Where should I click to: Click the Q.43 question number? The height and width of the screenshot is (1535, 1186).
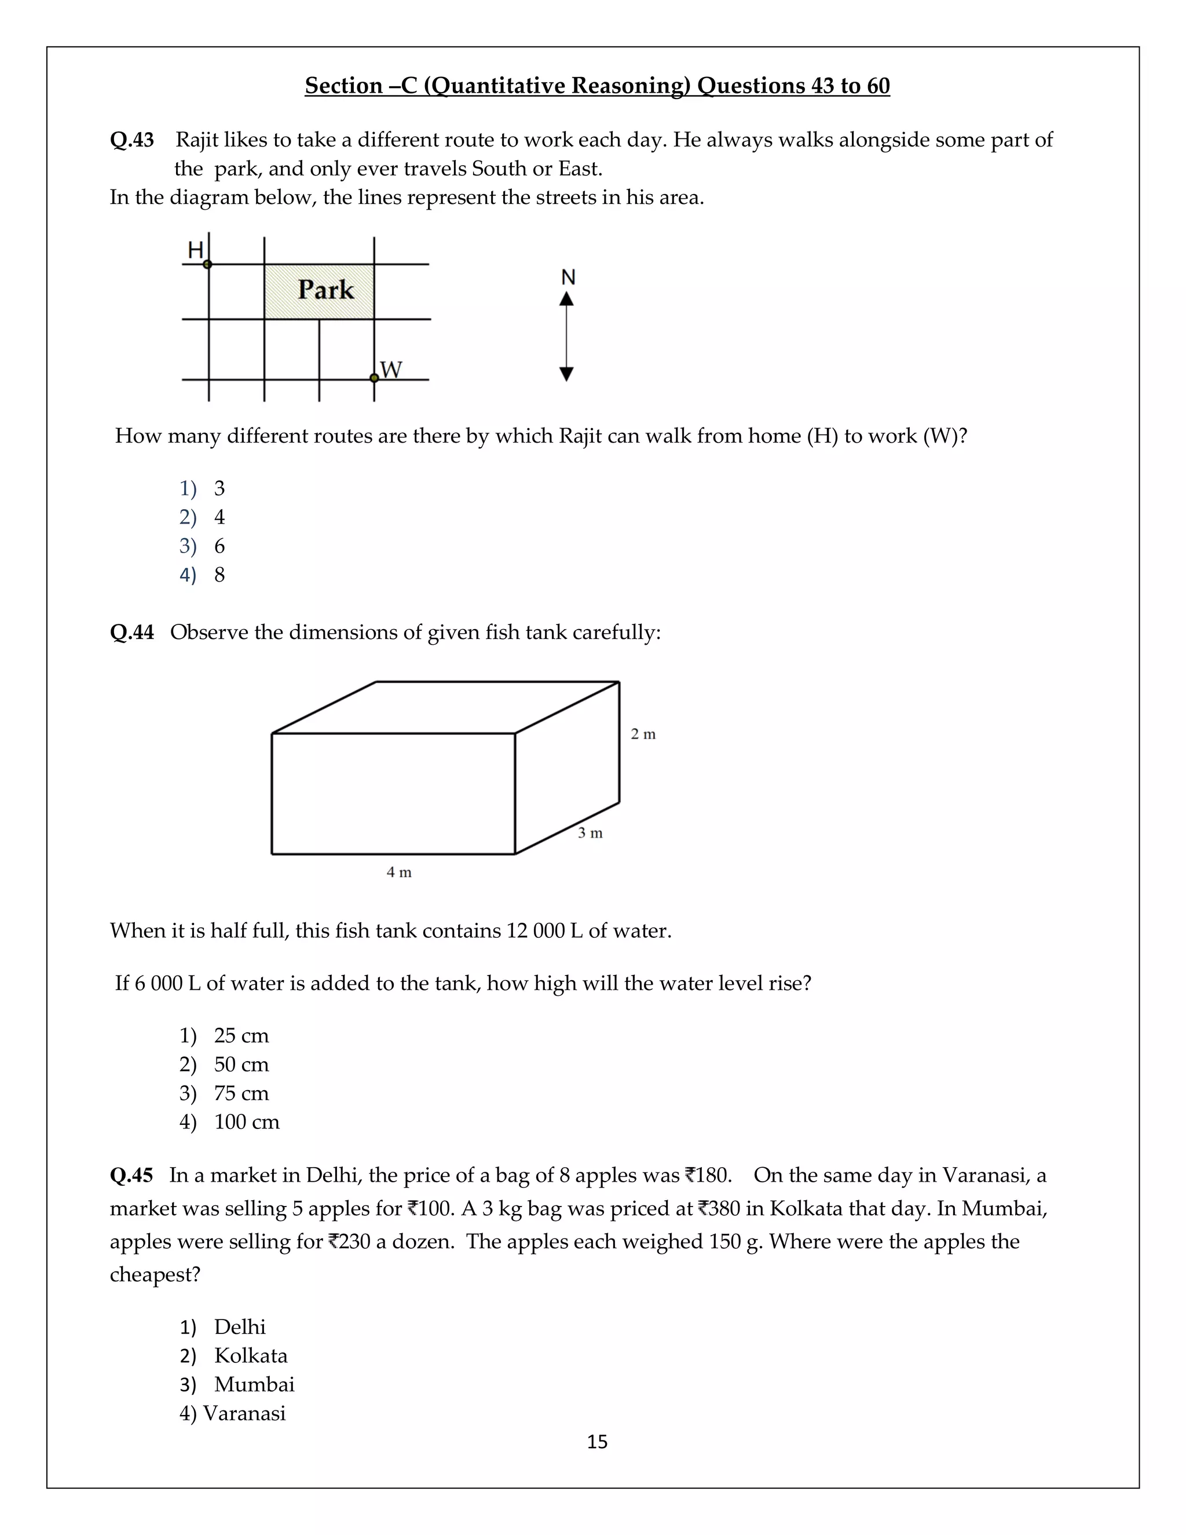(131, 140)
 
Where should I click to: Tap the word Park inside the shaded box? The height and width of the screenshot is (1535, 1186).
(325, 290)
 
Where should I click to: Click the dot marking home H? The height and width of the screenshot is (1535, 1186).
(207, 264)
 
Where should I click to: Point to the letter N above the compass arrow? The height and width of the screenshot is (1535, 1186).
(568, 277)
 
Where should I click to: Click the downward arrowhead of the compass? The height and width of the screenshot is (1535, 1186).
(566, 374)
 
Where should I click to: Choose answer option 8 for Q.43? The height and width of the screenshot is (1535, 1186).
(219, 575)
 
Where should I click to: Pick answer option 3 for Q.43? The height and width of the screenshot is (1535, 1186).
(219, 488)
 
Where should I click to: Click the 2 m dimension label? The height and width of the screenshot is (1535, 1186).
(643, 734)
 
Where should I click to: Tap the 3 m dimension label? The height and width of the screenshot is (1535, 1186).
(590, 834)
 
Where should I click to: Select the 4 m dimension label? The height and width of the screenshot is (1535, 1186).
(399, 873)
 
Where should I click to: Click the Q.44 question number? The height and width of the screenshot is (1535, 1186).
(131, 633)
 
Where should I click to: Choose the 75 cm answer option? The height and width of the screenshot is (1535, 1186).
(241, 1094)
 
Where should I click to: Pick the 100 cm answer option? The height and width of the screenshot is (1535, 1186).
(247, 1123)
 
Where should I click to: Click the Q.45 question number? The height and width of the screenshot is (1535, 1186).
(131, 1175)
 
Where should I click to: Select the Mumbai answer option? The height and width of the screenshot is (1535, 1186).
(254, 1384)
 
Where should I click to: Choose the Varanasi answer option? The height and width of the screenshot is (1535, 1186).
(244, 1413)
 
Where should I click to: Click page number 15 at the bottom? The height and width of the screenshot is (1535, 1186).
(597, 1442)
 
